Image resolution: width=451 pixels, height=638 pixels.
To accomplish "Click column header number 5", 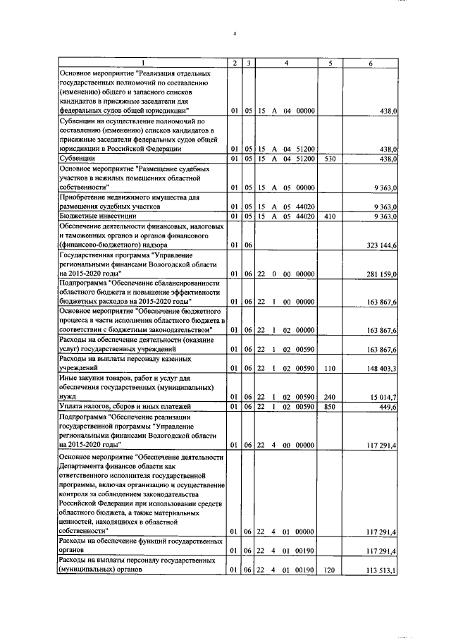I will [x=330, y=64].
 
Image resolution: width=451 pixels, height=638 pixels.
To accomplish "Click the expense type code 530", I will [x=329, y=159].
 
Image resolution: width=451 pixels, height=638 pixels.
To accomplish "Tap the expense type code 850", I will [x=329, y=406].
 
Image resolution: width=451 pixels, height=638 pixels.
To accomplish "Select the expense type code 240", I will [x=329, y=397].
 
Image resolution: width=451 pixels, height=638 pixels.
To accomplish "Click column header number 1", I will [x=142, y=64].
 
